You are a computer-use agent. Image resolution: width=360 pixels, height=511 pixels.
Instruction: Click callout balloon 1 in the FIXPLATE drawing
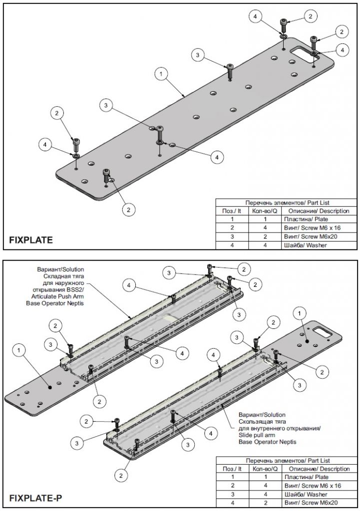[x=161, y=74]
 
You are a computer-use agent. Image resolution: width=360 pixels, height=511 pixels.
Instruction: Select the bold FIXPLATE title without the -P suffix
[x=31, y=240]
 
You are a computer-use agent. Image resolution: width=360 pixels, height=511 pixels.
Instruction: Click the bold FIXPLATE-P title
[x=36, y=498]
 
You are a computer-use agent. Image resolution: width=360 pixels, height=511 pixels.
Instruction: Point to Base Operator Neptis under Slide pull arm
[x=267, y=442]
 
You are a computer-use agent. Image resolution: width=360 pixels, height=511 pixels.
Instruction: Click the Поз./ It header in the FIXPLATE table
[x=232, y=211]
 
